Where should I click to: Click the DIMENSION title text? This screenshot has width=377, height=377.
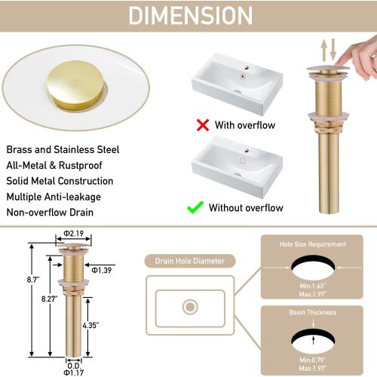click(189, 15)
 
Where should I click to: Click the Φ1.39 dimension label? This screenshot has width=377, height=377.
click(102, 269)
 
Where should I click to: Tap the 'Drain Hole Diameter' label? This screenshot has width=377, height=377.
click(190, 262)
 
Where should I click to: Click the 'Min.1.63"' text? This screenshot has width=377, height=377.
click(315, 287)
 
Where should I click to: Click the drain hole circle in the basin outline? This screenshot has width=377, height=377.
click(190, 307)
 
